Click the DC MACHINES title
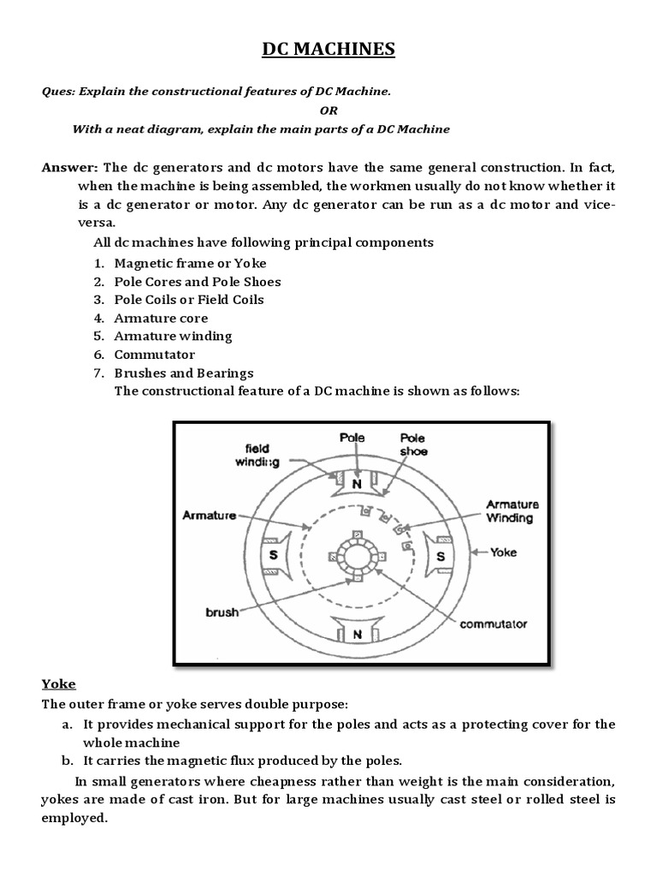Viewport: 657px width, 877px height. pyautogui.click(x=328, y=51)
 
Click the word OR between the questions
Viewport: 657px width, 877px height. pyautogui.click(x=328, y=110)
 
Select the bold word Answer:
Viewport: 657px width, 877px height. pyautogui.click(x=71, y=167)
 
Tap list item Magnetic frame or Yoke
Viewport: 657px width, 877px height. pyautogui.click(x=190, y=263)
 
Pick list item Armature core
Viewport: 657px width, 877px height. pyautogui.click(x=161, y=318)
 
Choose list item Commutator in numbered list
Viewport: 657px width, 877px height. pyautogui.click(x=155, y=355)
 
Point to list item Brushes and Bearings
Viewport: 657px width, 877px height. pyautogui.click(x=184, y=373)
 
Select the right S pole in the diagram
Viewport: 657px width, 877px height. pyautogui.click(x=441, y=557)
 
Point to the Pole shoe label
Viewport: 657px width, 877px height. pyautogui.click(x=414, y=444)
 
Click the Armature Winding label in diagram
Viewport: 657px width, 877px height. pyautogui.click(x=510, y=510)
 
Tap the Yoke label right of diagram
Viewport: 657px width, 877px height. pyautogui.click(x=503, y=552)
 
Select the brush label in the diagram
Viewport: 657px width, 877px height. pyautogui.click(x=222, y=612)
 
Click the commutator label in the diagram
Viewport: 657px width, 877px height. pyautogui.click(x=494, y=623)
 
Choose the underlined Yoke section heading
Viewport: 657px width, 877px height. pyautogui.click(x=59, y=683)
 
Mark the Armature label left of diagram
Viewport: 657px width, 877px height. pyautogui.click(x=210, y=515)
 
